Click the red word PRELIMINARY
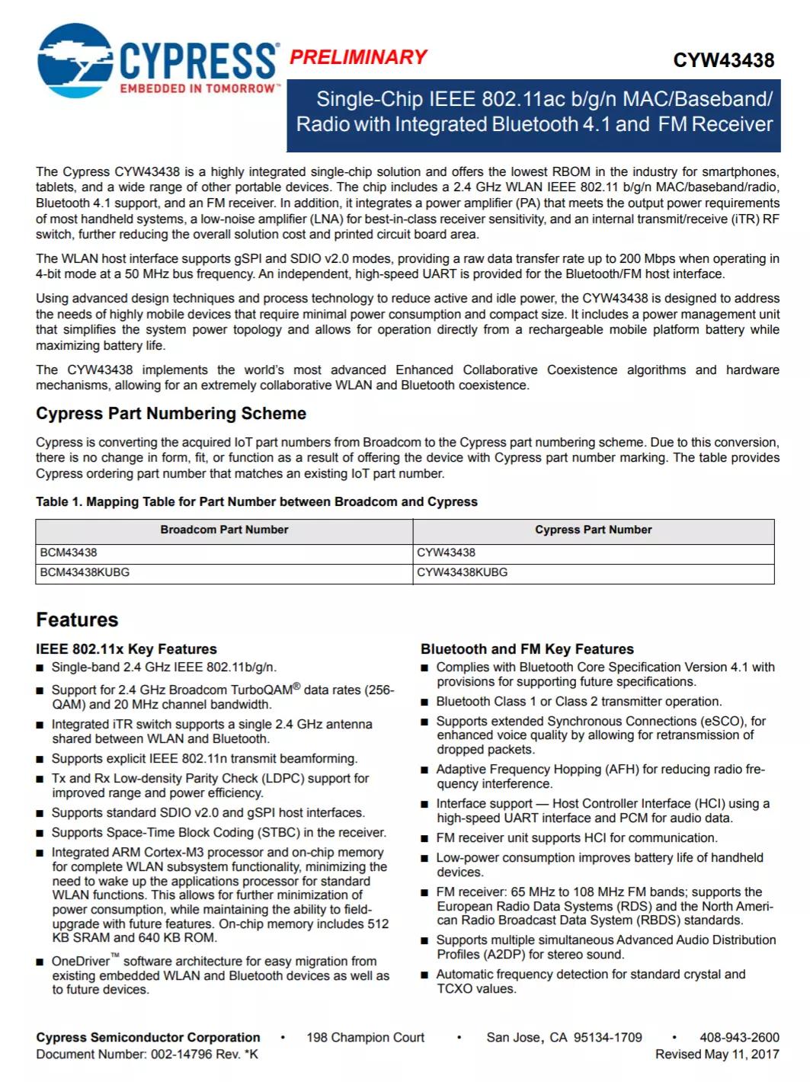[358, 57]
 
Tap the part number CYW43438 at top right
[723, 61]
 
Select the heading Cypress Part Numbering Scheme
[171, 414]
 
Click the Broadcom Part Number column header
[224, 530]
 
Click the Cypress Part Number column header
[593, 530]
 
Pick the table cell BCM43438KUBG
[85, 572]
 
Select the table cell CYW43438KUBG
[462, 572]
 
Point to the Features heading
[77, 619]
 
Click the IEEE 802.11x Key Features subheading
[126, 649]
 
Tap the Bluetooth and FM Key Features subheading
[527, 649]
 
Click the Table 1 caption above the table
[256, 501]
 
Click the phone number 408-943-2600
[739, 1037]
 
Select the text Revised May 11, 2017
[717, 1054]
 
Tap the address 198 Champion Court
[365, 1037]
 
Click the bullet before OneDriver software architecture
[40, 962]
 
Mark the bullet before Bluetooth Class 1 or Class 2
[425, 702]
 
